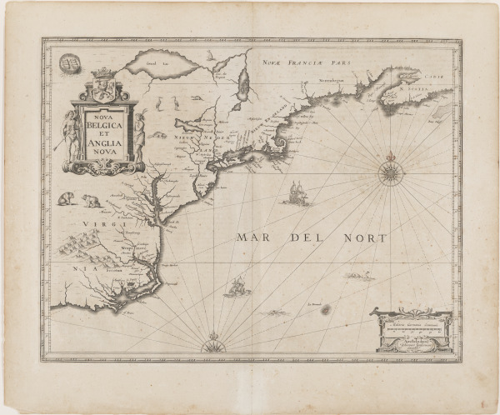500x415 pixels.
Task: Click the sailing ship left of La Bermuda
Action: tap(237, 287)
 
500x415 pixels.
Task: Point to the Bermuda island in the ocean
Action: tap(325, 309)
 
